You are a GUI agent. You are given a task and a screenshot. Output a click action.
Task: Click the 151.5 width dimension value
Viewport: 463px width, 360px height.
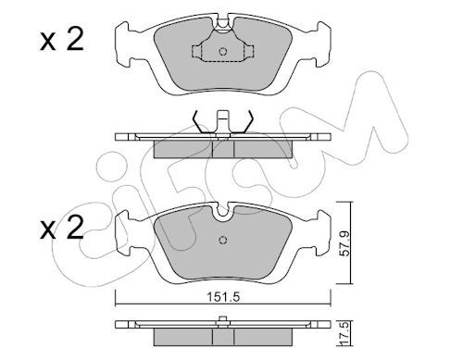pyautogui.click(x=223, y=298)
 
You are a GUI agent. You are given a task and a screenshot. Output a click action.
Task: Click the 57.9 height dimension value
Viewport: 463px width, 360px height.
pyautogui.click(x=344, y=243)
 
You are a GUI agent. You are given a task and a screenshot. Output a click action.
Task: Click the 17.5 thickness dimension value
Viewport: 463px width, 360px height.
pyautogui.click(x=344, y=333)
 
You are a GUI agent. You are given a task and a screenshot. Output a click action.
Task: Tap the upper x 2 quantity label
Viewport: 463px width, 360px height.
pyautogui.click(x=62, y=40)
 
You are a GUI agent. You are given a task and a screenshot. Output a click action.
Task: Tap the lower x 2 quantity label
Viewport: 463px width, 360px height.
pyautogui.click(x=62, y=228)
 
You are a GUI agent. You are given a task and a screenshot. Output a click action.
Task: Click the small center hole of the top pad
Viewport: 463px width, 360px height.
pyautogui.click(x=223, y=51)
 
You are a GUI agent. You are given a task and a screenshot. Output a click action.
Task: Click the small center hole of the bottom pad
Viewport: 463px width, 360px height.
pyautogui.click(x=223, y=240)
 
